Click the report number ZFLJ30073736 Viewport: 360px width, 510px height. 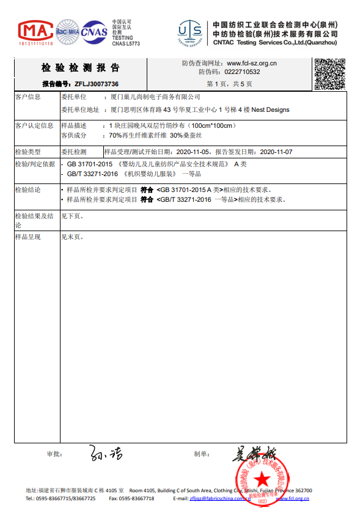tap(97, 84)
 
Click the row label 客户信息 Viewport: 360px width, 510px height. tap(28, 97)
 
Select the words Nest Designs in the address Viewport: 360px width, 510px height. tap(271, 110)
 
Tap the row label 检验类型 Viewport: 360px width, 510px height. tap(28, 151)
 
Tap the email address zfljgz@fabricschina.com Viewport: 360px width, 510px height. tap(220, 499)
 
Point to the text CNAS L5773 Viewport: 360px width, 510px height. tap(126, 44)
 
